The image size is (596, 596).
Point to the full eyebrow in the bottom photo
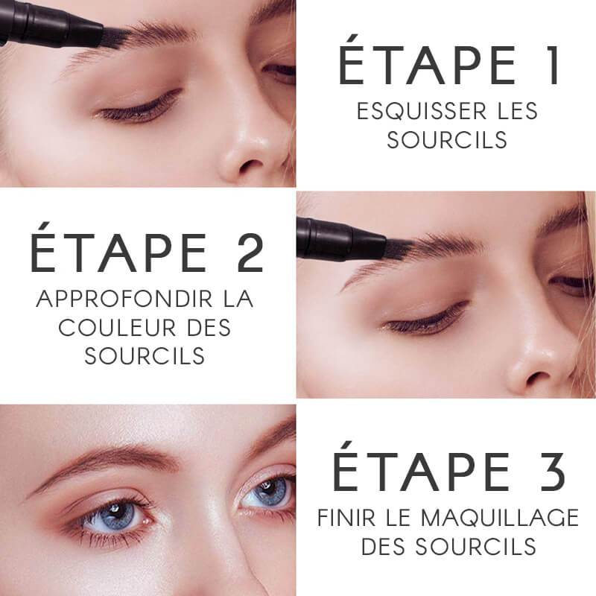tap(112, 460)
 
